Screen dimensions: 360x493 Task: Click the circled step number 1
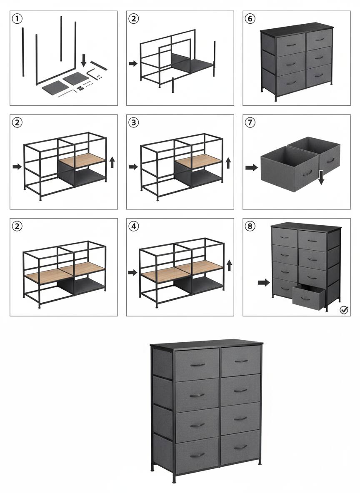click(x=17, y=19)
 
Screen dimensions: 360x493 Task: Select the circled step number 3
click(x=133, y=122)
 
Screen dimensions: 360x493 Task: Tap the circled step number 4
click(x=133, y=226)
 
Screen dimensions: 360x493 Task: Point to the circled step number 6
click(x=250, y=19)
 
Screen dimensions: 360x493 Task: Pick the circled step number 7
click(x=250, y=122)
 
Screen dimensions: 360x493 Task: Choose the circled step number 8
click(x=250, y=226)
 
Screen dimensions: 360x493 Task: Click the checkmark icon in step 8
click(x=344, y=310)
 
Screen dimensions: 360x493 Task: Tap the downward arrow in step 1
click(x=83, y=60)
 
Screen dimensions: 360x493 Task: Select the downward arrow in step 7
click(x=321, y=178)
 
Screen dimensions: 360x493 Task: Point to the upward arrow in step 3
click(x=228, y=163)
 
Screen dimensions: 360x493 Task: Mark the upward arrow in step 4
click(x=229, y=265)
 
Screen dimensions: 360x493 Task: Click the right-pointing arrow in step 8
click(x=264, y=282)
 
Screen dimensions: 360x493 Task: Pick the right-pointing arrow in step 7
click(x=251, y=167)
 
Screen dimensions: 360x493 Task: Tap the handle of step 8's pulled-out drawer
click(x=305, y=299)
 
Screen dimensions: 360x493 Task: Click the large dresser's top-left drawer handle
click(x=197, y=365)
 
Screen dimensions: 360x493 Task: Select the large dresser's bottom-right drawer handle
click(x=240, y=447)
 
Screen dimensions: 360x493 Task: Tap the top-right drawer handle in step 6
click(x=320, y=39)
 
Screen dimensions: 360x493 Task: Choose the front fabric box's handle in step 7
click(x=307, y=173)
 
